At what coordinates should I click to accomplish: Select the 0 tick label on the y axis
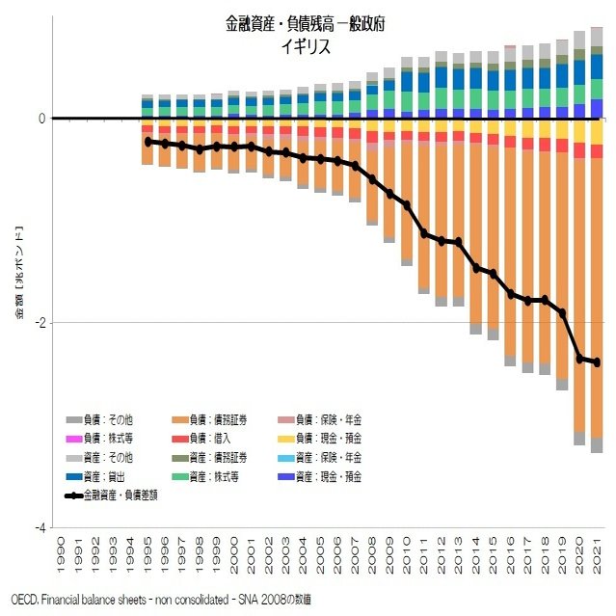click(41, 119)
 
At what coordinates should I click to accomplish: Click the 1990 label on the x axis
click(61, 553)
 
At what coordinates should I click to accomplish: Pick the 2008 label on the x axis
click(372, 553)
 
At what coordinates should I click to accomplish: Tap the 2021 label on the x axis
click(597, 553)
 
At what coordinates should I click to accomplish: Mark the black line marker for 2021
click(597, 362)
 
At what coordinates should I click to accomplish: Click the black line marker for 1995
click(147, 142)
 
